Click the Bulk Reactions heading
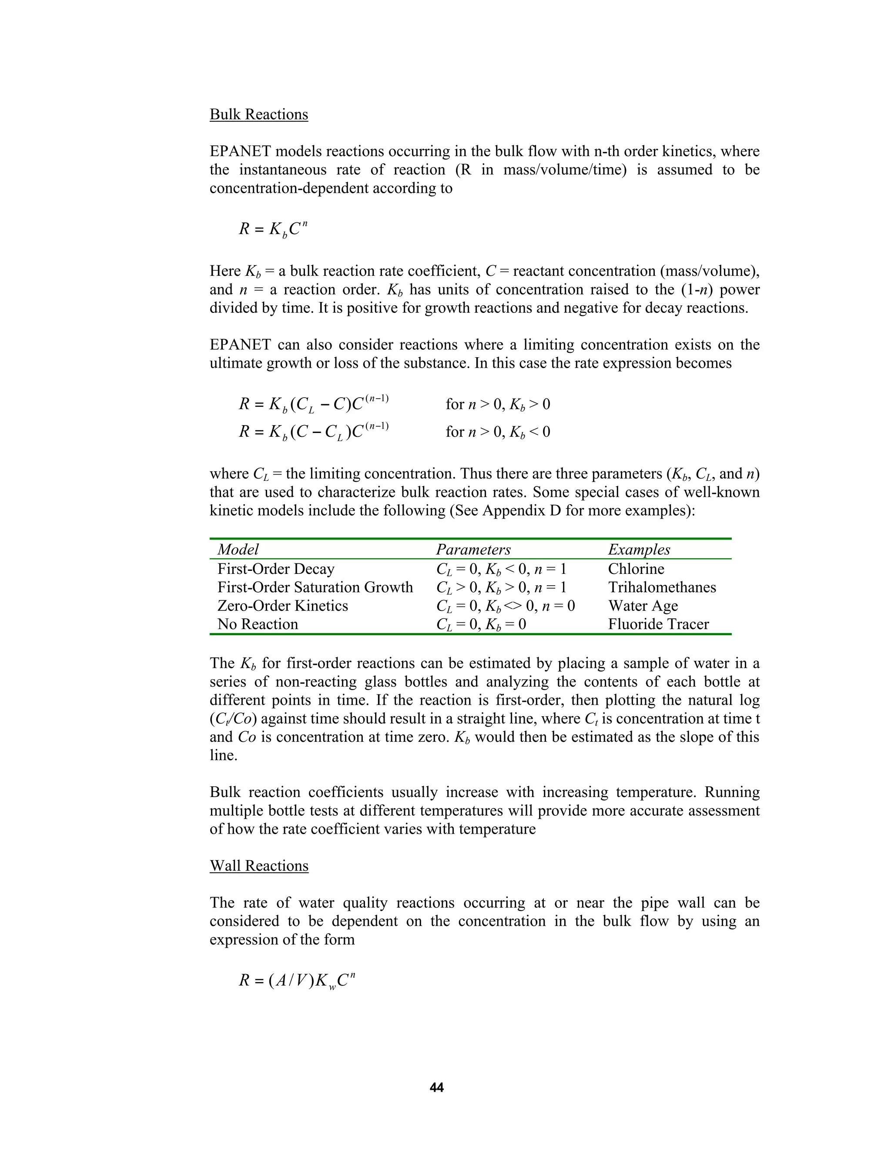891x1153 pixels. click(x=259, y=114)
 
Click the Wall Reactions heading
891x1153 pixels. click(x=259, y=866)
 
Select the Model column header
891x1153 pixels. click(x=238, y=550)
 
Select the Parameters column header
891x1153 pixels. click(x=473, y=550)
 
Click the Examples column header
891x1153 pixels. click(x=639, y=550)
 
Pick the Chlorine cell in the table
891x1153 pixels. click(x=636, y=569)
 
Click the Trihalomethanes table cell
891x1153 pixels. click(x=661, y=587)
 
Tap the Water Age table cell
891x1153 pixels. click(x=643, y=606)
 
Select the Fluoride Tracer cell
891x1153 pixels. click(x=658, y=624)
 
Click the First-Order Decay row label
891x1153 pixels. click(x=275, y=569)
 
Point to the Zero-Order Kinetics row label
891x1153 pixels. click(x=282, y=606)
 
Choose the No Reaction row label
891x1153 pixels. click(x=258, y=624)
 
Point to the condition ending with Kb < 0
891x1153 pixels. click(x=497, y=432)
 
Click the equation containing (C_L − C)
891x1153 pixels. click(x=314, y=404)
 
